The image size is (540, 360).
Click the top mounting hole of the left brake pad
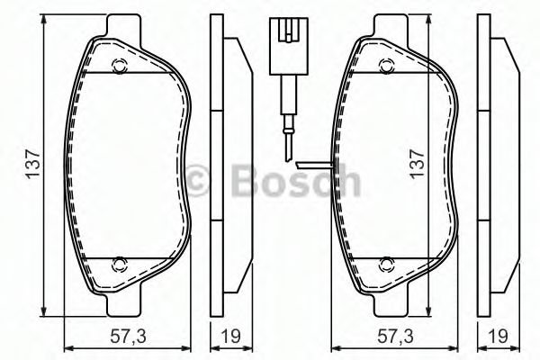click(x=119, y=64)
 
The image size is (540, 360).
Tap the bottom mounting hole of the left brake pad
click(x=119, y=264)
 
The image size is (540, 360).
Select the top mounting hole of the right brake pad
click(x=387, y=64)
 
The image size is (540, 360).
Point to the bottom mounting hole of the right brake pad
click(x=387, y=264)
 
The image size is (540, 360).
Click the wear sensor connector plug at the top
click(x=286, y=36)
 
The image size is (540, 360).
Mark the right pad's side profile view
click(x=497, y=166)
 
